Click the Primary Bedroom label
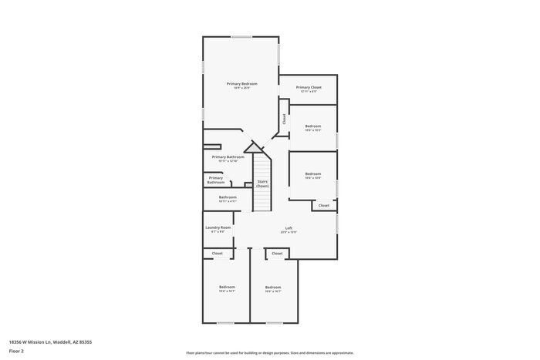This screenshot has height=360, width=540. tap(241, 83)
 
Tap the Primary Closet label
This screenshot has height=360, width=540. tap(309, 87)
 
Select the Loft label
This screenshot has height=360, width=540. tap(289, 227)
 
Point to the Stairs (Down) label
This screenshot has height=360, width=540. tap(263, 183)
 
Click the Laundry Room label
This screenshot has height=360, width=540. tap(218, 227)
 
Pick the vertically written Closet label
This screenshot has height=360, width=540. tap(284, 119)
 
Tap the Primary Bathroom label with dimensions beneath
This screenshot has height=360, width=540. tap(228, 156)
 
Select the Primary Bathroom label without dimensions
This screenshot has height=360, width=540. tap(215, 180)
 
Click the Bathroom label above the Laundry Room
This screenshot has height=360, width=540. tap(228, 197)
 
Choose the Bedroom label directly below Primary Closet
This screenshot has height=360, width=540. tap(312, 126)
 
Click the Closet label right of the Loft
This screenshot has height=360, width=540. tap(324, 205)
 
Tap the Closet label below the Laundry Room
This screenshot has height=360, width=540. tap(218, 253)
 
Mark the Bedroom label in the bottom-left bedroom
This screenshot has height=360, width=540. tap(227, 288)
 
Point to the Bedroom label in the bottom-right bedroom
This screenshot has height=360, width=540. tap(273, 288)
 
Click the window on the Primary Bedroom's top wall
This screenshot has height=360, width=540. tap(241, 36)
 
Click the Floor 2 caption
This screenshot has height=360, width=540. tap(17, 351)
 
